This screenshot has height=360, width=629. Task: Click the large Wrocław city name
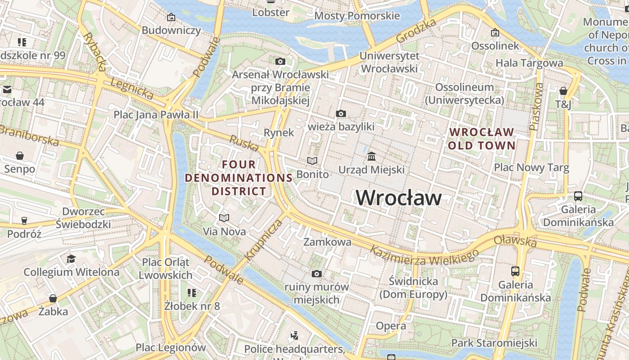tap(399, 198)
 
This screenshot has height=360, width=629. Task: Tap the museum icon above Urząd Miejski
tap(372, 157)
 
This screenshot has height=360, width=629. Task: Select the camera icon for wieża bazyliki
tap(341, 113)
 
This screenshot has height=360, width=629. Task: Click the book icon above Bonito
tap(312, 161)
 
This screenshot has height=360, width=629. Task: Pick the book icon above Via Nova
tap(224, 218)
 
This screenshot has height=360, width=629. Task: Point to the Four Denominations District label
tap(239, 178)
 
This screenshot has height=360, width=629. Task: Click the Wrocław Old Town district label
tap(481, 139)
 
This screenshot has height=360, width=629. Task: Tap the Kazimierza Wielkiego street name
tap(424, 256)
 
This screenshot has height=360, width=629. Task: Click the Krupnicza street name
tap(263, 240)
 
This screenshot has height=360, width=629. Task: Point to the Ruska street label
tap(244, 143)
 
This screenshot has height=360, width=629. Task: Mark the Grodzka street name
tap(416, 31)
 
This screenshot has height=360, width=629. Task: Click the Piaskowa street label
tap(536, 106)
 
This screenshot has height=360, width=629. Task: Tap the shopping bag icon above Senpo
tap(20, 156)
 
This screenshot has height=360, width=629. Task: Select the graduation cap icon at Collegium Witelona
tap(71, 259)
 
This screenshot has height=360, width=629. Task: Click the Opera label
tap(391, 326)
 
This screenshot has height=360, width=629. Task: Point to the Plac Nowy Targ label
tap(532, 168)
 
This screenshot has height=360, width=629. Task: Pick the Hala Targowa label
tap(529, 63)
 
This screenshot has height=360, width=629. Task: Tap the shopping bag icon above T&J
tap(563, 91)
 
